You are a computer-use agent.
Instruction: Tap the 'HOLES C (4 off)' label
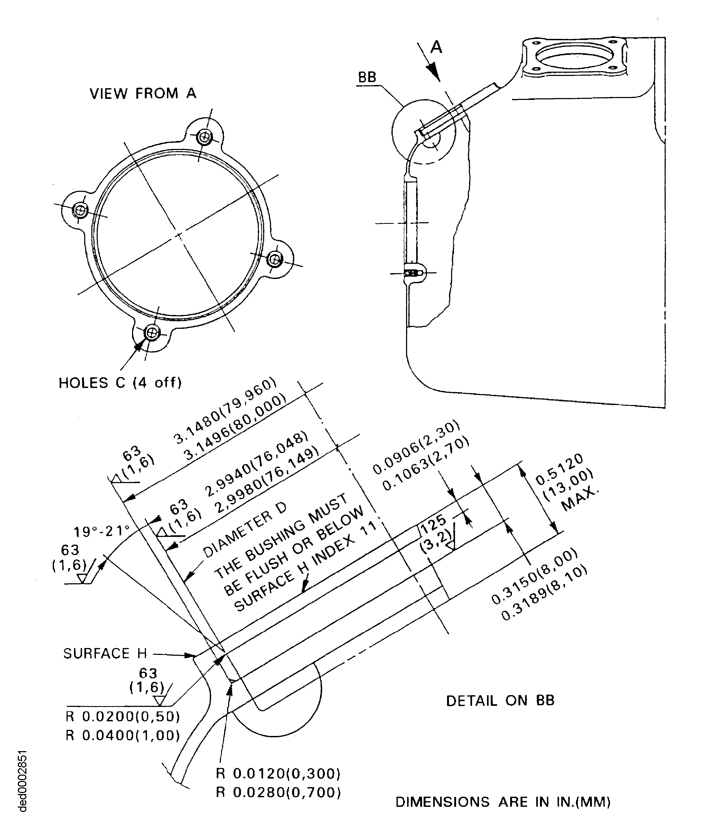[120, 383]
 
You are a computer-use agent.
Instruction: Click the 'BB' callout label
[367, 77]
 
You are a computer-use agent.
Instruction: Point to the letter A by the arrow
[436, 47]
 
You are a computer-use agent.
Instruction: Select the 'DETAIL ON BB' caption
[500, 701]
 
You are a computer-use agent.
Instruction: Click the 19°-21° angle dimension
[101, 532]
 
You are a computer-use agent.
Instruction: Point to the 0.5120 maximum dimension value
[559, 469]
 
